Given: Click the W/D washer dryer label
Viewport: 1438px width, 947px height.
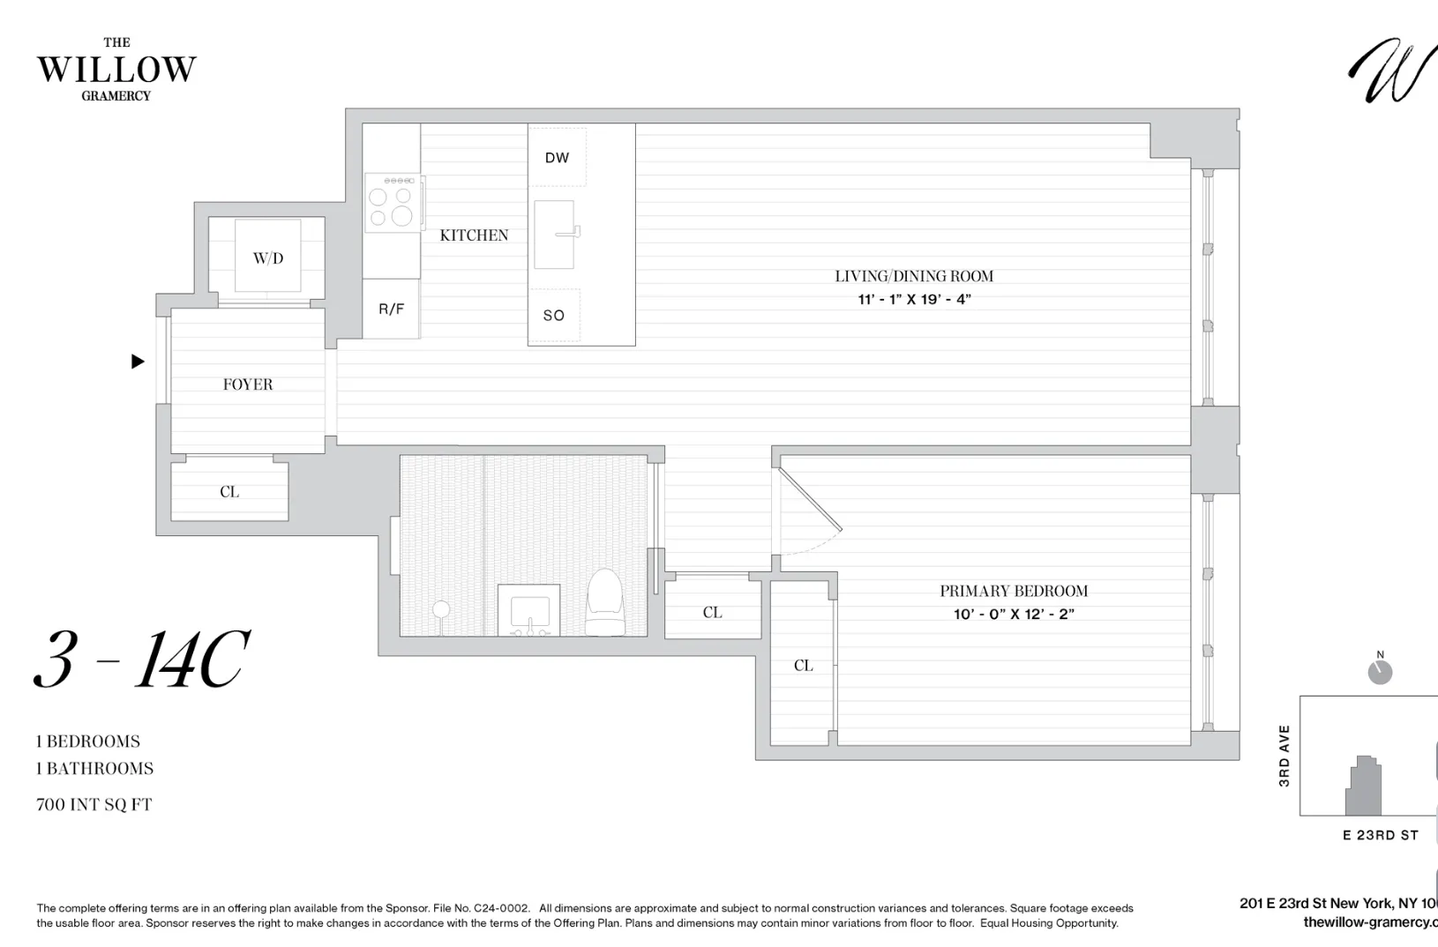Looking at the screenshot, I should pos(268,258).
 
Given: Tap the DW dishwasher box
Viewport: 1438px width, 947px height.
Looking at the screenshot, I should pos(557,158).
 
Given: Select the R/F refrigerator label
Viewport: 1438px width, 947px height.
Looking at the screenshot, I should pos(391,309).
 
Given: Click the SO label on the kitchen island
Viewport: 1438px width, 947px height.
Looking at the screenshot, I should pos(554,315).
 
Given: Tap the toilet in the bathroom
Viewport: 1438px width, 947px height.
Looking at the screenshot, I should pos(605,602).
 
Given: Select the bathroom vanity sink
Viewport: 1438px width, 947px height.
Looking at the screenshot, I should pos(528,611).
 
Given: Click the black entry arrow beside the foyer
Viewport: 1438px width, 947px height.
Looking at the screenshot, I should pos(138,361).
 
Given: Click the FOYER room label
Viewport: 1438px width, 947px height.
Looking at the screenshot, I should pos(248,384).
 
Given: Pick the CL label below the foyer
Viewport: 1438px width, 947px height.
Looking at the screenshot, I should pos(229,492).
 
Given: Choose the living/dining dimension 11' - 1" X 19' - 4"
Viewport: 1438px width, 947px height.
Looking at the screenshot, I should pos(914,300).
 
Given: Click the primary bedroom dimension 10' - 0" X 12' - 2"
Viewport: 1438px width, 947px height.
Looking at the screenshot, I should pos(1014,614).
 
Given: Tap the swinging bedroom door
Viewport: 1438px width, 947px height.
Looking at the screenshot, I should pos(810,500).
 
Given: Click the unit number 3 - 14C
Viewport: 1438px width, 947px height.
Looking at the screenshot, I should pos(142,660).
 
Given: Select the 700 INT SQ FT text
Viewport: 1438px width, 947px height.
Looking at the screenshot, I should pos(94,804).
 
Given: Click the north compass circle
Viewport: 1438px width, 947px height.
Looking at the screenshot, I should pos(1380,673).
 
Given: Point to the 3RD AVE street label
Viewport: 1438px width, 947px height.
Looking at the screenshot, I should pos(1284,756).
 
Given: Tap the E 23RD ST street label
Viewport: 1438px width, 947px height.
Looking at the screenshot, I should pos(1380,835).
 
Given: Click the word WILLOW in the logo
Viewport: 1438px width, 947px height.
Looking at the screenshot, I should pos(116,70).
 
